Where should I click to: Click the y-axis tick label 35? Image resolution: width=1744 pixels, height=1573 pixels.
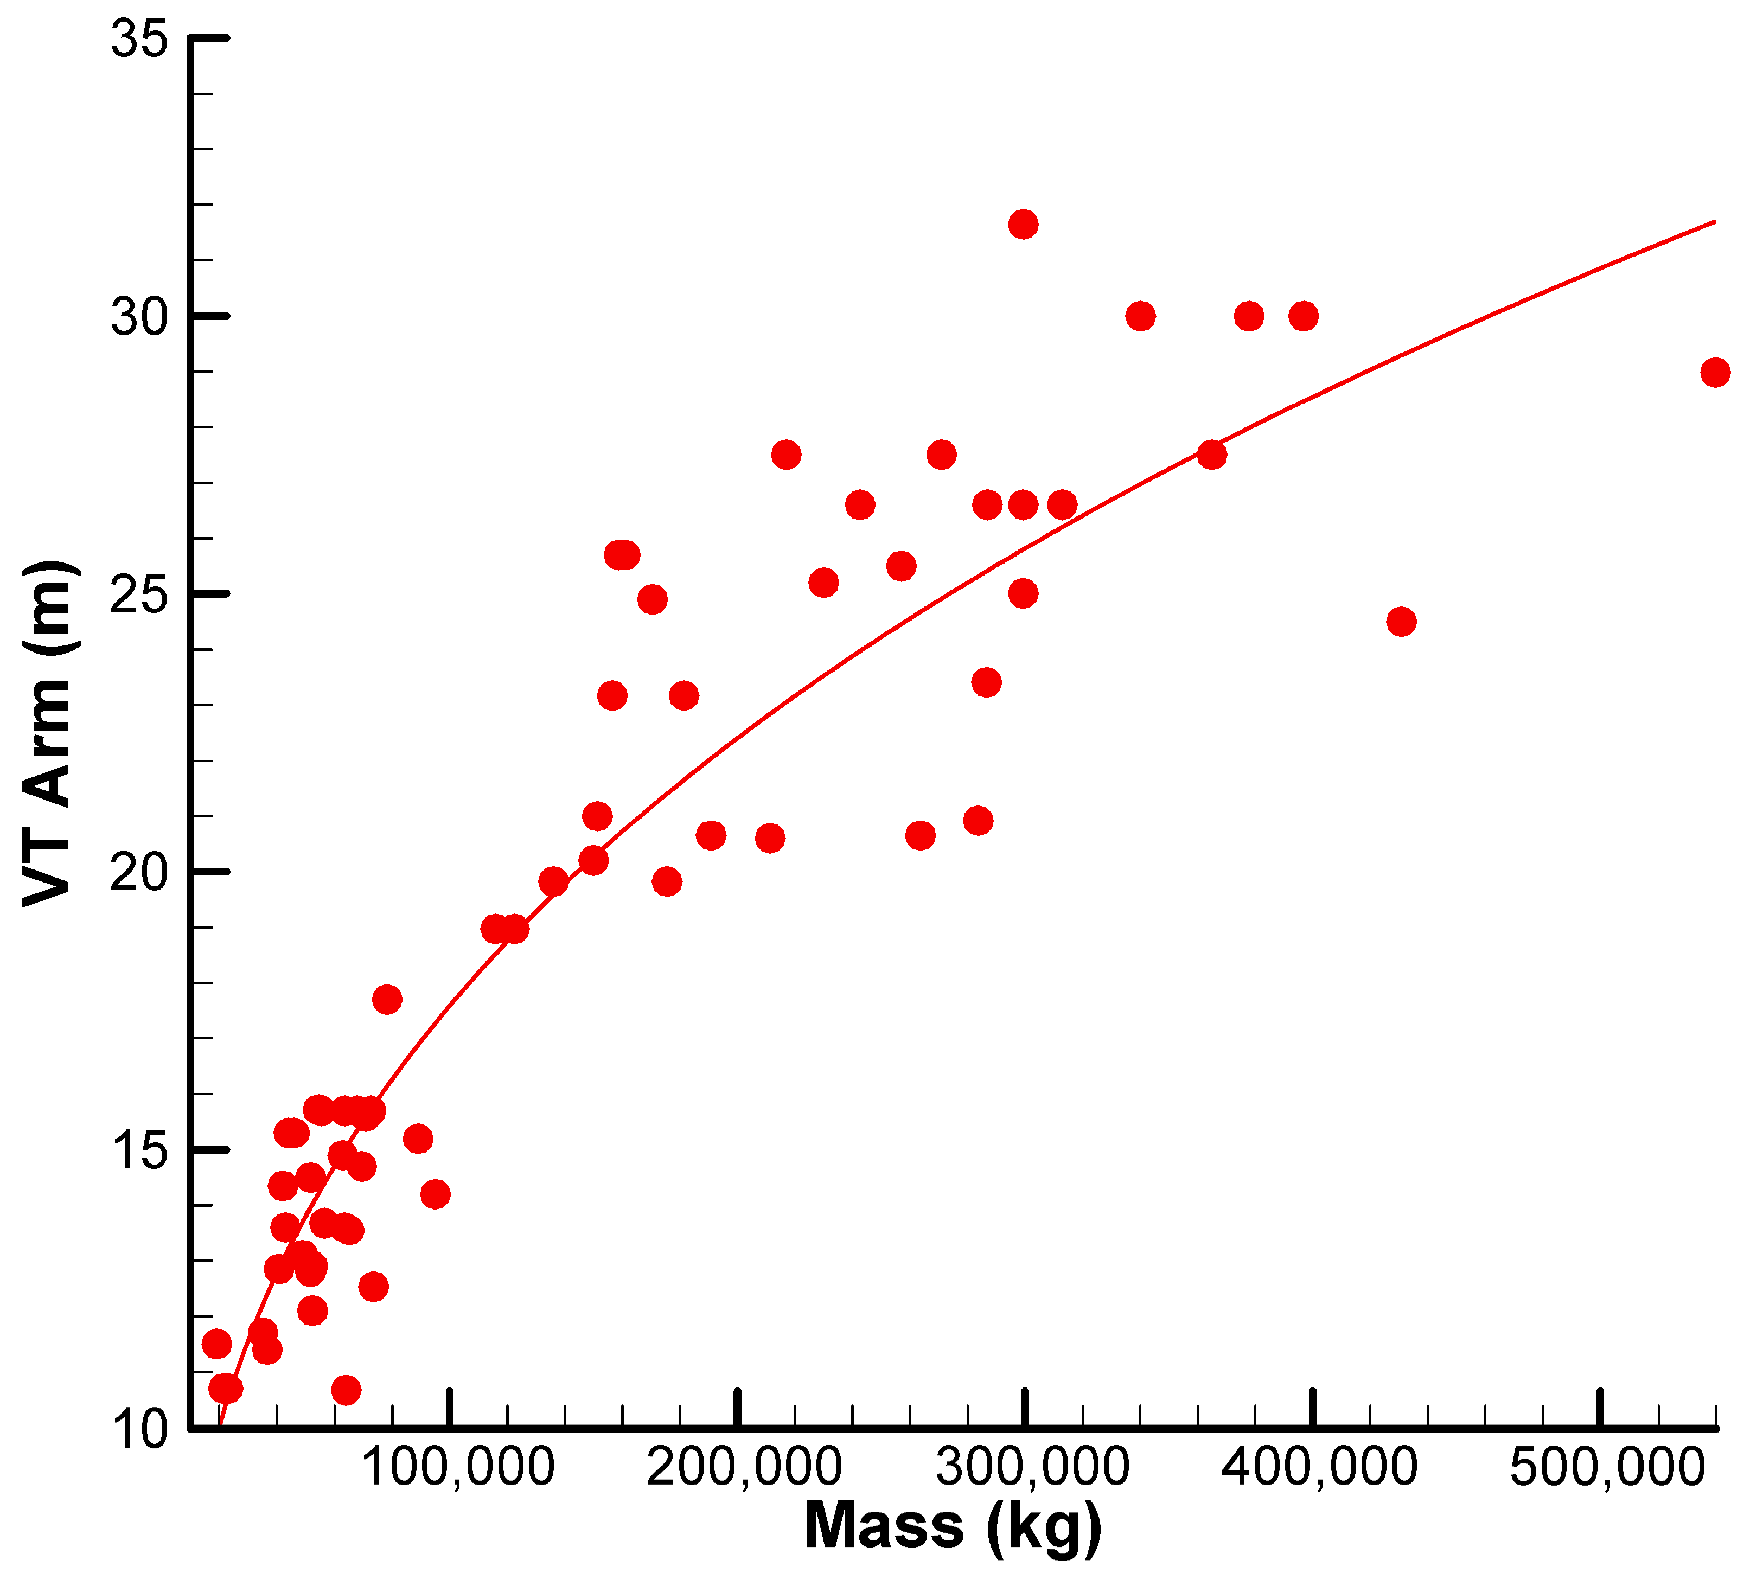coord(138,40)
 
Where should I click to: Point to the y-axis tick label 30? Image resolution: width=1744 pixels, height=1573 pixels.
coord(138,317)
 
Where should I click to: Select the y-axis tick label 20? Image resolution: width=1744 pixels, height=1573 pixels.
coord(138,873)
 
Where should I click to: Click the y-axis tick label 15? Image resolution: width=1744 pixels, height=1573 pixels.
coord(138,1151)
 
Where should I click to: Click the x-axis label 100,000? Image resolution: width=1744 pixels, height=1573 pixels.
coord(457,1468)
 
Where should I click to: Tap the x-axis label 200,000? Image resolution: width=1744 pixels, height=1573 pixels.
coord(744,1468)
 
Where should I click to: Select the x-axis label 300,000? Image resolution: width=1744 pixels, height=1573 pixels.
coord(1033,1468)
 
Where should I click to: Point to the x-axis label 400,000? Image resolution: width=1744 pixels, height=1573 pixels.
coord(1320,1468)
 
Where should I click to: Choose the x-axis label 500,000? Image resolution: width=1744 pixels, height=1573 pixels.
coord(1607,1468)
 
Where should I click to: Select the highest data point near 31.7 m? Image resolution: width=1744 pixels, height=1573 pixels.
coord(1023,225)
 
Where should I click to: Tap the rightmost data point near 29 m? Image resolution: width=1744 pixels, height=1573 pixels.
coord(1715,373)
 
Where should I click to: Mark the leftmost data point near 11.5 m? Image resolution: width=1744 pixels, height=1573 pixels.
coord(216,1344)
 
